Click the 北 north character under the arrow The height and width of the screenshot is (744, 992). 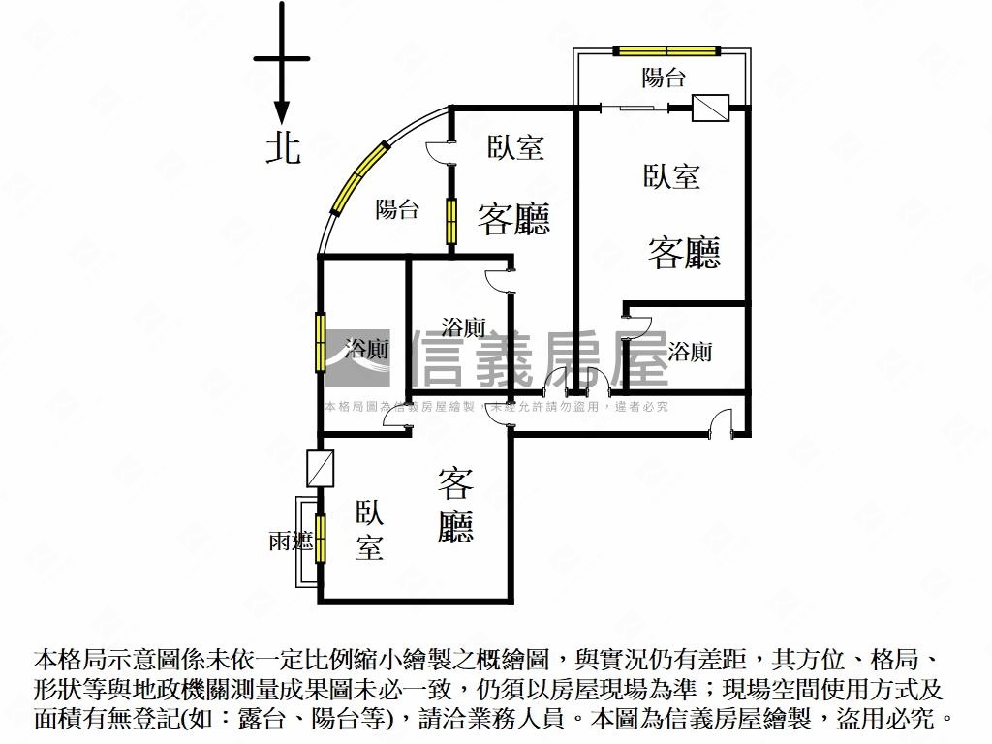pos(282,148)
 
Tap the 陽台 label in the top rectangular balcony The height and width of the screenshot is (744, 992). pos(663,77)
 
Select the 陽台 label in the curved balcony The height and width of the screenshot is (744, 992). pos(396,209)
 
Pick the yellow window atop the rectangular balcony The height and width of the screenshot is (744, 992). pos(666,50)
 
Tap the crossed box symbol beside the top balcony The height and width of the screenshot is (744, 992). pos(710,108)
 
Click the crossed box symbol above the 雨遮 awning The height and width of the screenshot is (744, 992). pos(320,468)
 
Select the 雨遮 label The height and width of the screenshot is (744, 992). pos(291,542)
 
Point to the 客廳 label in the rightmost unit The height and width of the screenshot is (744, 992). pos(684,253)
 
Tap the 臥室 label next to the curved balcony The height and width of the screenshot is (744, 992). pos(515,147)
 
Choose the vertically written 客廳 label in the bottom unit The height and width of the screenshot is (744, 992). pos(455,505)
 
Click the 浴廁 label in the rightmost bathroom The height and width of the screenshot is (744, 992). pos(690,351)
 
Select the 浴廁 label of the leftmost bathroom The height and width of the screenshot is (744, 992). pos(367,348)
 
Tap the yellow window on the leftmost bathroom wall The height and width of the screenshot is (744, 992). pos(320,342)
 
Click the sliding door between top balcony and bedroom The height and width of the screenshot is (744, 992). pos(634,108)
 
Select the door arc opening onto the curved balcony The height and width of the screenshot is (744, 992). pos(438,152)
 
